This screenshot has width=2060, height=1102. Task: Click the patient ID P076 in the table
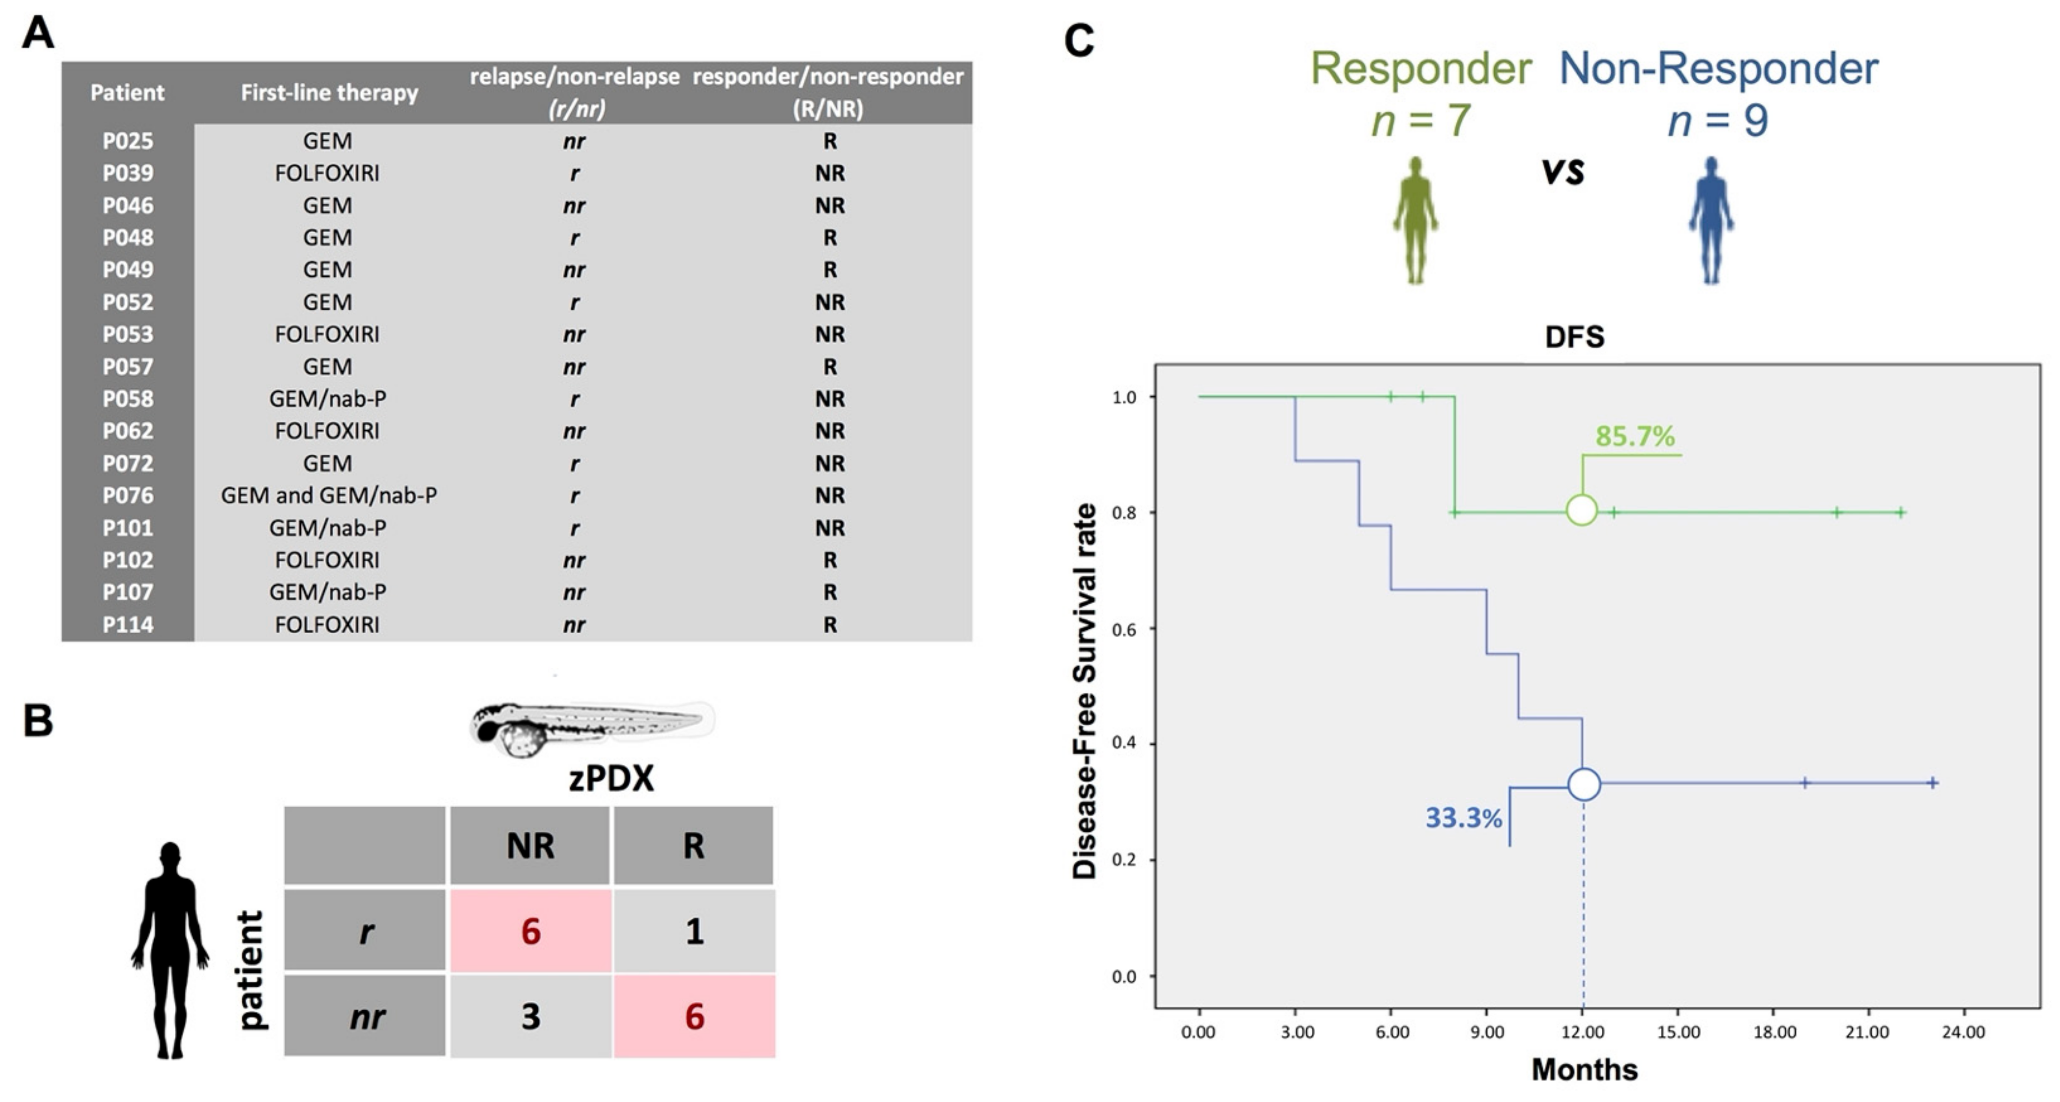127,496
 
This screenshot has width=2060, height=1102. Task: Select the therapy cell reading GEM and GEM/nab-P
329,496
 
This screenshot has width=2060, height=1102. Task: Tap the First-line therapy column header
329,93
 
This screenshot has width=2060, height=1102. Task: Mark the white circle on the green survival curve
1581,510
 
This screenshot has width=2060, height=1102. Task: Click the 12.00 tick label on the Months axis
1582,1032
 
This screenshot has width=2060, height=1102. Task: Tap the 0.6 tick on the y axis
1124,630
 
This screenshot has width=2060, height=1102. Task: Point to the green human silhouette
1416,220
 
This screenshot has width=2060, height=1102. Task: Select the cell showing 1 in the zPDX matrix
693,931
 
